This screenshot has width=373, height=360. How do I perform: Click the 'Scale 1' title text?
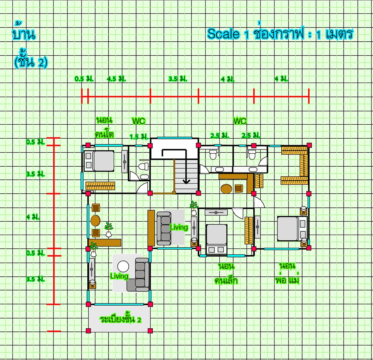click(x=228, y=34)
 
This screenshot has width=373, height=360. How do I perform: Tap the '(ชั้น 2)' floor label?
click(x=31, y=62)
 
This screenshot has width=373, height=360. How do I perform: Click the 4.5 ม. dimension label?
click(x=117, y=79)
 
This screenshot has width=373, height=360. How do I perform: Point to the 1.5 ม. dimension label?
click(x=139, y=137)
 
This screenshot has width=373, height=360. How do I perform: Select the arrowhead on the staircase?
click(x=186, y=181)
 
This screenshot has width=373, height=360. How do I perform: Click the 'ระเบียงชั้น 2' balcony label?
click(x=120, y=319)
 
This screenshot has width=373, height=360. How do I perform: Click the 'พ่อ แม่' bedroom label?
click(x=287, y=280)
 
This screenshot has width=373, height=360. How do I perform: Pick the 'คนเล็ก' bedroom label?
click(x=226, y=280)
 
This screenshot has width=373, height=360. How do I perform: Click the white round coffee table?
click(x=123, y=266)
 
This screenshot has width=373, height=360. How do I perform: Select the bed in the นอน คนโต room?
click(x=99, y=161)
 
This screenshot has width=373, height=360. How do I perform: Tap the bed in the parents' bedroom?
click(x=292, y=229)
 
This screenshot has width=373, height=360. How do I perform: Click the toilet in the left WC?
click(x=143, y=166)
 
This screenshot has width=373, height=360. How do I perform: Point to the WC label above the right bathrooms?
click(x=240, y=121)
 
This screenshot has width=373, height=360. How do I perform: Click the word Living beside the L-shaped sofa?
click(x=119, y=276)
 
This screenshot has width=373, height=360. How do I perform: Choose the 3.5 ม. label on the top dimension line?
click(x=178, y=79)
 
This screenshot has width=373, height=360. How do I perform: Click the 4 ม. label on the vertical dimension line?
click(x=33, y=217)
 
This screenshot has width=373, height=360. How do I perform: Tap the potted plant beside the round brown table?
click(x=109, y=229)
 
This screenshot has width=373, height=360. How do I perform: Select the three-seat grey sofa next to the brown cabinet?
click(x=164, y=228)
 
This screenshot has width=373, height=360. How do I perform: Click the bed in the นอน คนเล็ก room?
click(x=216, y=239)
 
